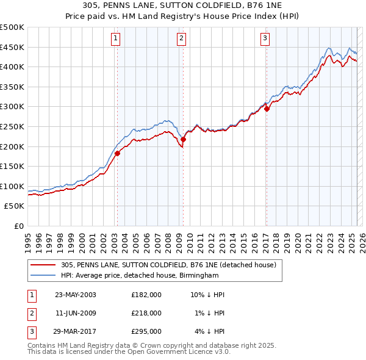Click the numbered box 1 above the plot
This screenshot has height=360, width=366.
pyautogui.click(x=116, y=39)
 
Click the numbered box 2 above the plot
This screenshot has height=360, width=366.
pyautogui.click(x=182, y=39)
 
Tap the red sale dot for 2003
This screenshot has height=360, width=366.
pyautogui.click(x=118, y=153)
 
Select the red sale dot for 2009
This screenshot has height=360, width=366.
pyautogui.click(x=183, y=139)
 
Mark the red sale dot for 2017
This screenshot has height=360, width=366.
pyautogui.click(x=267, y=109)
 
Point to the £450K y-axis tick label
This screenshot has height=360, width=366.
pyautogui.click(x=12, y=47)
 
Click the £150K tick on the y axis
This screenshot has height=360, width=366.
pyautogui.click(x=12, y=166)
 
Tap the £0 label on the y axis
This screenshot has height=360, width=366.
pyautogui.click(x=18, y=226)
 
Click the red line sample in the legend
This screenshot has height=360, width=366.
pyautogui.click(x=44, y=265)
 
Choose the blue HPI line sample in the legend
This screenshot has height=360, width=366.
pyautogui.click(x=44, y=276)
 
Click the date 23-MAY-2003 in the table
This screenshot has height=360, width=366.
pyautogui.click(x=76, y=295)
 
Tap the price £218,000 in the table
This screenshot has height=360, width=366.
pyautogui.click(x=146, y=313)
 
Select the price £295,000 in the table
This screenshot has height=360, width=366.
pyautogui.click(x=146, y=331)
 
